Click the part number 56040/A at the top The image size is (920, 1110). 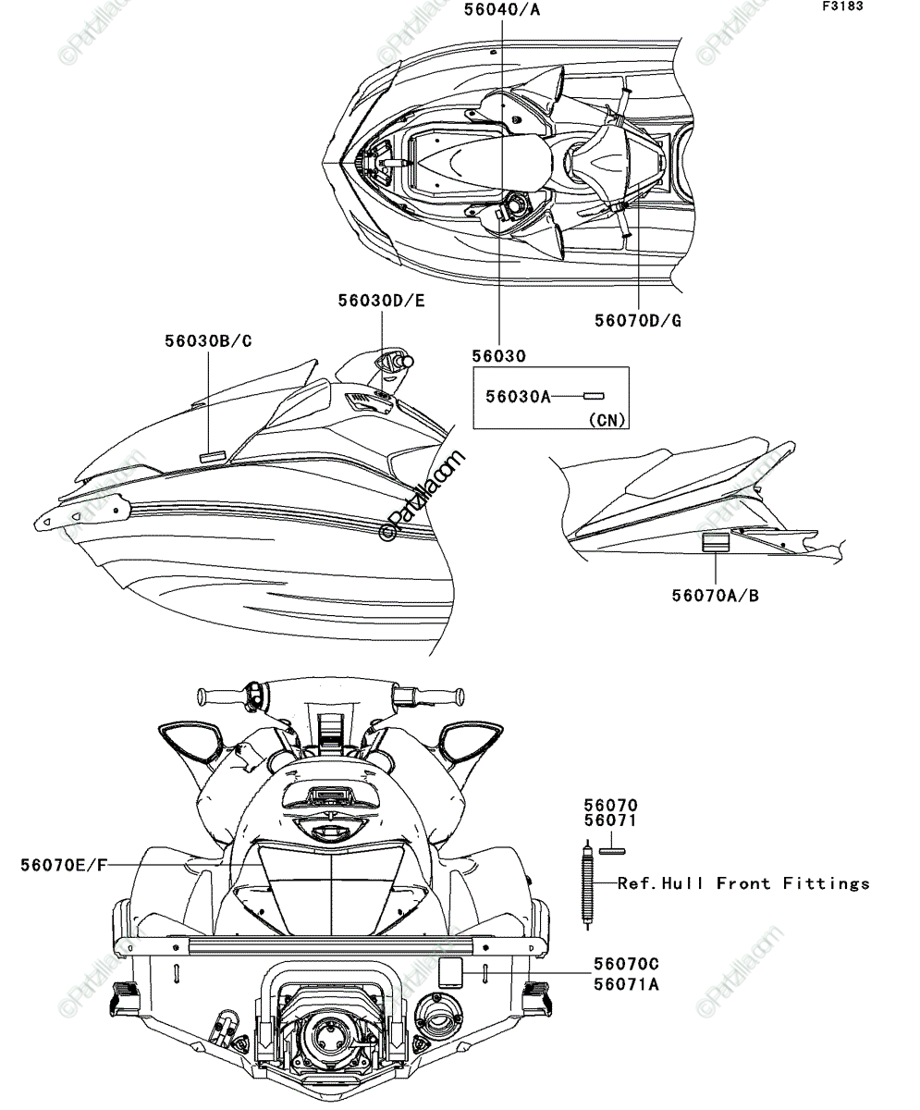pos(502,9)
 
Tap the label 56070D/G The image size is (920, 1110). pos(637,321)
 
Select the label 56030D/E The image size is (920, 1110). pos(382,301)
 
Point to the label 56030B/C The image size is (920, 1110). pos(208,340)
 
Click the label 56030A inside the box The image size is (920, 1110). pos(518,397)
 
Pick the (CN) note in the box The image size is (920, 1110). pos(607,420)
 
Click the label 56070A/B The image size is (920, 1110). pos(716,596)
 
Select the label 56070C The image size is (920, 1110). pos(626,964)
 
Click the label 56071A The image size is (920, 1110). pos(626,984)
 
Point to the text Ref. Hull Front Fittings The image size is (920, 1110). pos(743,883)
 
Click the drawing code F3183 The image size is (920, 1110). pos(843,6)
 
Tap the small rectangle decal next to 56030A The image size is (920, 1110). pos(594,396)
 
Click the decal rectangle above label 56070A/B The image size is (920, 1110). pos(716,542)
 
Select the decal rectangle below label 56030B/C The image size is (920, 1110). pos(213,456)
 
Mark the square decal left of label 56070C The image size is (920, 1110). pos(450,972)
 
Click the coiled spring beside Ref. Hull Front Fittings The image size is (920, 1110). pos(587,884)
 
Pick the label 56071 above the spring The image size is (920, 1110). pos(610,820)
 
